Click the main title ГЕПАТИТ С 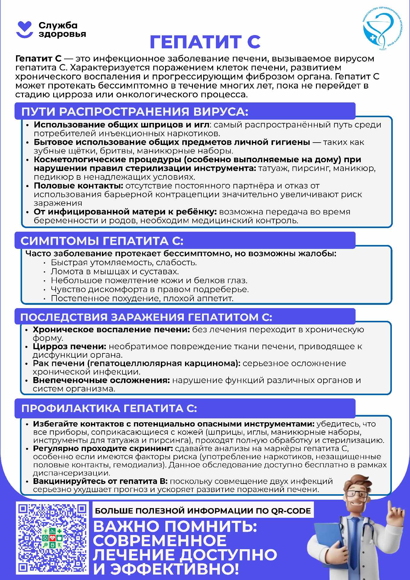(205, 42)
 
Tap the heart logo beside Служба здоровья (24, 29)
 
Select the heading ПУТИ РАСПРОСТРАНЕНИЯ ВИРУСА (135, 112)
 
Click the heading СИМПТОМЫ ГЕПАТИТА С (102, 241)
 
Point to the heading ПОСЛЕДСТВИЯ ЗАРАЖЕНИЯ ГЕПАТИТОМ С (146, 317)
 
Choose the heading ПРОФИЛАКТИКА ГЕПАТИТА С (109, 409)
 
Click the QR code (53, 539)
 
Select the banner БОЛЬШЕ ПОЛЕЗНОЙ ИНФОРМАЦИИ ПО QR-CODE (203, 511)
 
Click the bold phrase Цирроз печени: (70, 346)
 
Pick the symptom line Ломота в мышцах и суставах (115, 272)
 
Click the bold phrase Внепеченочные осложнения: (102, 380)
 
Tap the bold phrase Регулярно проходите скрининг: (103, 449)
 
